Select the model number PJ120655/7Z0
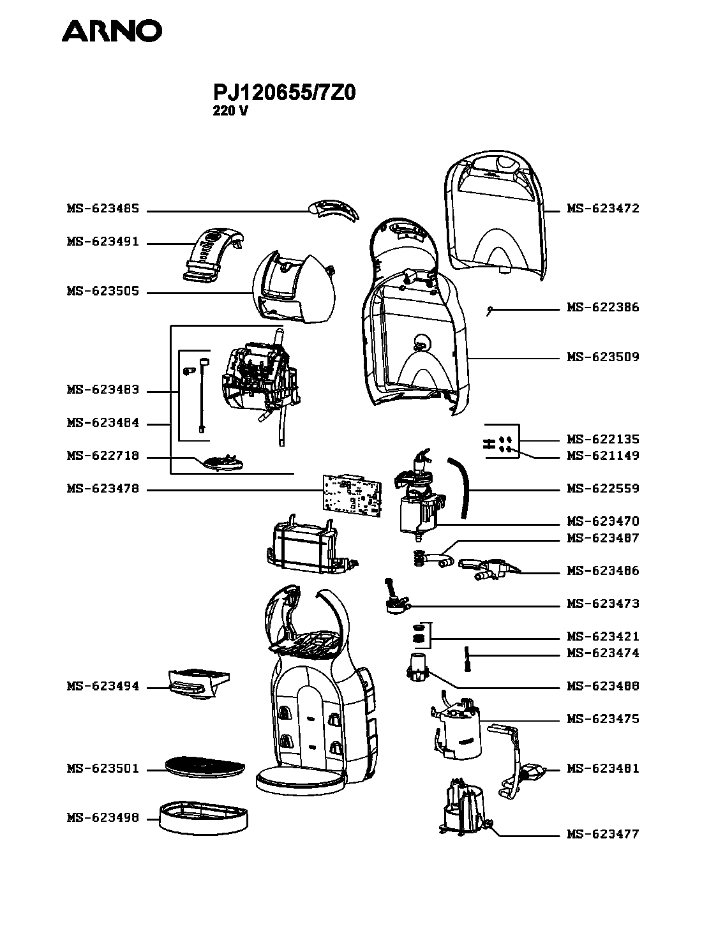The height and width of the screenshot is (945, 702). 284,93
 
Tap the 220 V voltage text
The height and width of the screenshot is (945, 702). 230,110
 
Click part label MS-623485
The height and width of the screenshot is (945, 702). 102,209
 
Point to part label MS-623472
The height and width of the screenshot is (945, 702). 603,209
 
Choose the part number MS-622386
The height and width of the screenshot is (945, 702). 603,308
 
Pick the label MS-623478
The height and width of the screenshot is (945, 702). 102,489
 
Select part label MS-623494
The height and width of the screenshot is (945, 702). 102,687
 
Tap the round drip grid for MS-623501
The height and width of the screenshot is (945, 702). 204,766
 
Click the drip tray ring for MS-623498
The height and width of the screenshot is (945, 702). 203,817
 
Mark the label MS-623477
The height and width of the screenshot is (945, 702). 603,834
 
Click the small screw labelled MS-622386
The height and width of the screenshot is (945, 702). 489,311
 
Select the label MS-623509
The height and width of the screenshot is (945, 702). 603,357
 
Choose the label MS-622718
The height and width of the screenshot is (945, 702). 102,457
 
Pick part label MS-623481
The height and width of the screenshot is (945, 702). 603,769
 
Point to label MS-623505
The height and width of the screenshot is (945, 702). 102,292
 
